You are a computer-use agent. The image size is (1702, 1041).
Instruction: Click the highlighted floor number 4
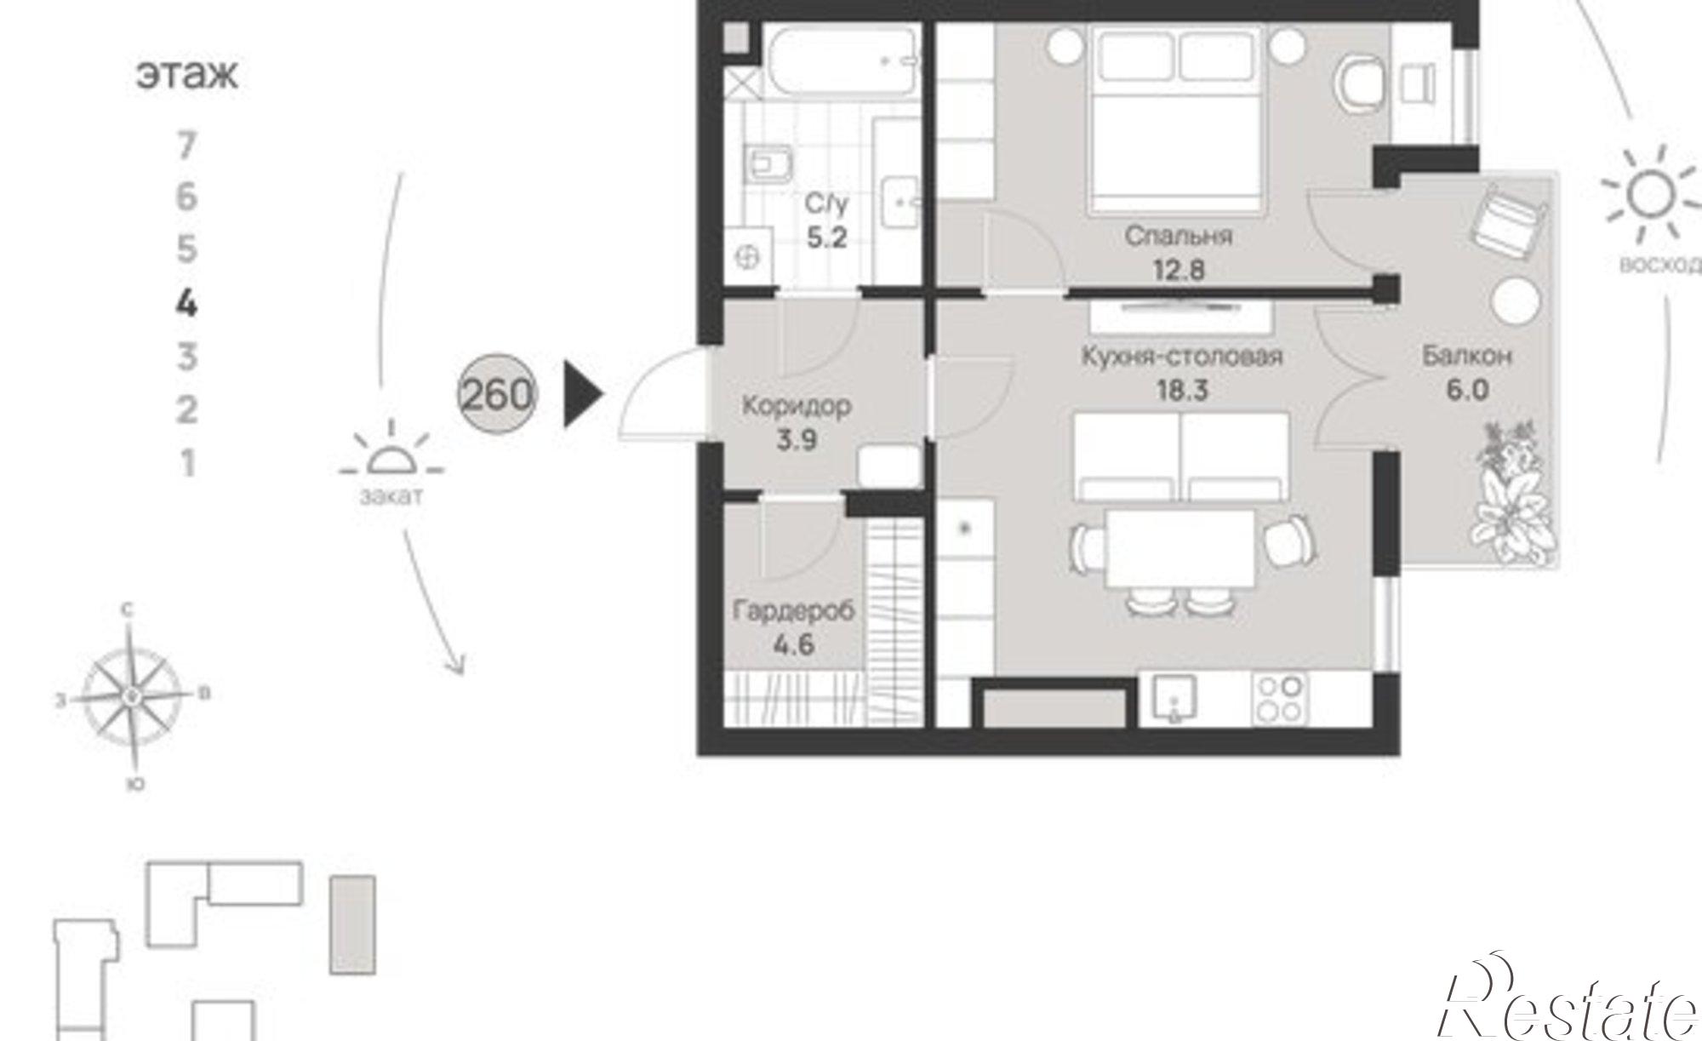(x=186, y=303)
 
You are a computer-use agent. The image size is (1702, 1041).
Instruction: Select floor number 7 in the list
(x=186, y=146)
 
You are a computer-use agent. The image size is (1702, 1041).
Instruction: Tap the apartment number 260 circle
(x=498, y=393)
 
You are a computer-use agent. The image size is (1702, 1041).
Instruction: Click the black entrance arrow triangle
(x=584, y=393)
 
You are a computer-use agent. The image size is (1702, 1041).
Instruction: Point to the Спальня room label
(x=1178, y=236)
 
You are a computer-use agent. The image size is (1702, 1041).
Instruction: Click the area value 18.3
(x=1182, y=391)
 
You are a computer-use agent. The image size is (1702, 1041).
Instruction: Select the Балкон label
(x=1466, y=356)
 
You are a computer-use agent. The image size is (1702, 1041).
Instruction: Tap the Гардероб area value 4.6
(x=794, y=644)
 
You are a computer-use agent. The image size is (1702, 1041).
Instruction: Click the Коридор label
(x=797, y=406)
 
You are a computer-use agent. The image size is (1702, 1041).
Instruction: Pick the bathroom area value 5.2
(x=827, y=237)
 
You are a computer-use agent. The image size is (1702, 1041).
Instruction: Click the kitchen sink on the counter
(x=1174, y=700)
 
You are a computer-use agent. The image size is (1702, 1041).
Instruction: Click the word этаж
(x=187, y=75)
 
